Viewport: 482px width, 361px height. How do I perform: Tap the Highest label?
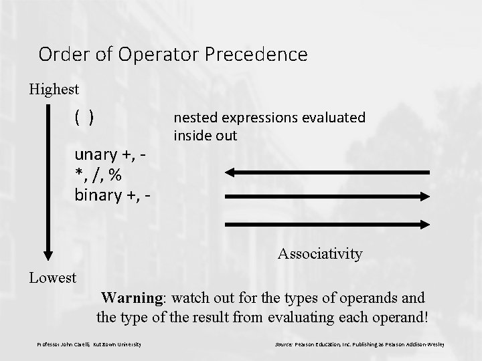[54, 89]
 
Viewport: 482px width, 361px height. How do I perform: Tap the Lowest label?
[52, 277]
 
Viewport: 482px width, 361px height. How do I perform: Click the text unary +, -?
[110, 156]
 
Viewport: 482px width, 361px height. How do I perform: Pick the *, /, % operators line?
[98, 175]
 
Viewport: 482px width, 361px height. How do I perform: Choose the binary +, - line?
[111, 195]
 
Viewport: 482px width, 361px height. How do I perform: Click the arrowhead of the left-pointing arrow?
[229, 172]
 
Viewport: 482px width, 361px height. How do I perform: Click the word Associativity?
[320, 254]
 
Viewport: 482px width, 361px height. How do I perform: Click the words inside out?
[206, 136]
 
